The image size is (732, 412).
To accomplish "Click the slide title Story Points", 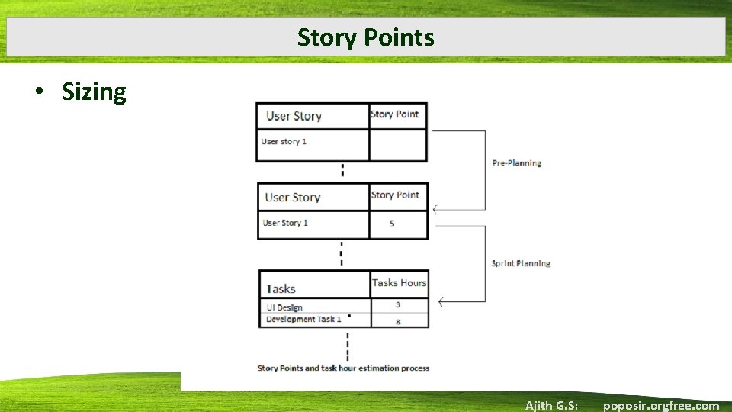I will pyautogui.click(x=366, y=37).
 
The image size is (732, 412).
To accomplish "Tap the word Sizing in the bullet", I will pyautogui.click(x=94, y=92).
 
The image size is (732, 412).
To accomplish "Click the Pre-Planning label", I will pyautogui.click(x=516, y=163).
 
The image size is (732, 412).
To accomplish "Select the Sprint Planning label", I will pyautogui.click(x=521, y=263).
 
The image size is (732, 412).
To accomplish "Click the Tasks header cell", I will pyautogui.click(x=281, y=288).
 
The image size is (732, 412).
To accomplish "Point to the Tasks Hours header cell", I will pyautogui.click(x=399, y=283).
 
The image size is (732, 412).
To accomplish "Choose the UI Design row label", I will pyautogui.click(x=284, y=307).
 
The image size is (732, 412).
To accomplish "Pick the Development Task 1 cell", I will pyautogui.click(x=303, y=320).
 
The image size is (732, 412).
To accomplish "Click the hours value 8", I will pyautogui.click(x=398, y=322).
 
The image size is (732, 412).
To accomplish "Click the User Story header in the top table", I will pyautogui.click(x=294, y=116).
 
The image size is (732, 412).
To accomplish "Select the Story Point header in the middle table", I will pyautogui.click(x=395, y=195).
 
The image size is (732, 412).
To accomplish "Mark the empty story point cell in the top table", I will pyautogui.click(x=397, y=145).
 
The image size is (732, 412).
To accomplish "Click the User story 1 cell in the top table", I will pyautogui.click(x=284, y=141).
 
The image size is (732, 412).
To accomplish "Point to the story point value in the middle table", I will pyautogui.click(x=392, y=224).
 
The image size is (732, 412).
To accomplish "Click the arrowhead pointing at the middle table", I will pyautogui.click(x=435, y=210).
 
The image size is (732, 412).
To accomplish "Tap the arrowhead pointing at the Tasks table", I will pyautogui.click(x=441, y=302).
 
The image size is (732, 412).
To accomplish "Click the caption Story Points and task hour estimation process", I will pyautogui.click(x=343, y=368).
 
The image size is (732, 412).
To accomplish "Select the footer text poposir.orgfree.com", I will pyautogui.click(x=660, y=405).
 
